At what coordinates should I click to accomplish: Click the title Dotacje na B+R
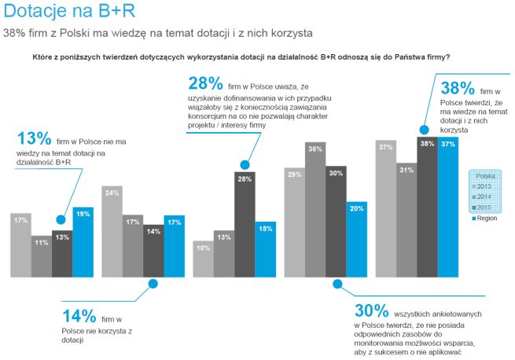[x=61, y=13]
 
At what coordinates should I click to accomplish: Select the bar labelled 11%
[x=41, y=255]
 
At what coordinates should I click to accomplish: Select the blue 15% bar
[x=266, y=250]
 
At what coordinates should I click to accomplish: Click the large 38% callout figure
[x=456, y=88]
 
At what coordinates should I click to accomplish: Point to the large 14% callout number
[x=79, y=316]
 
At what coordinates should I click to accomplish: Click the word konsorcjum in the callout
[x=206, y=116]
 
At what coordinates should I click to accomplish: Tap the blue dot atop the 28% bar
[x=245, y=165]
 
